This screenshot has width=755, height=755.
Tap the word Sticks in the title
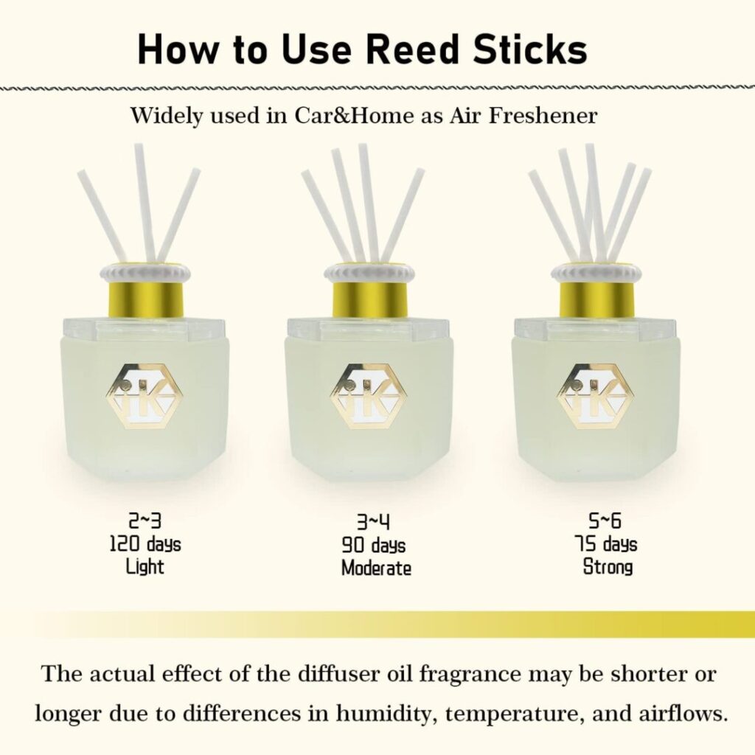530,49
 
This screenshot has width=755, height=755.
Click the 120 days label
145,544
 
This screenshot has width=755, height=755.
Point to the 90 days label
373,545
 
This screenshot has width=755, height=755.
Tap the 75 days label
605,544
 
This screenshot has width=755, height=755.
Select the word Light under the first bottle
145,567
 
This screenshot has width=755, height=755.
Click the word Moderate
376,568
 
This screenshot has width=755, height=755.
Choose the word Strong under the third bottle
608,567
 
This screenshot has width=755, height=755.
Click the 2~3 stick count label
145,521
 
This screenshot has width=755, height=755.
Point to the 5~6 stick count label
605,521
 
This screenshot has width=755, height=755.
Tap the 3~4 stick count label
373,521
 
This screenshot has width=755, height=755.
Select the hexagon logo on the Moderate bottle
369,396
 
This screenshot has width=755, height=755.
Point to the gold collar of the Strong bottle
597,300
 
